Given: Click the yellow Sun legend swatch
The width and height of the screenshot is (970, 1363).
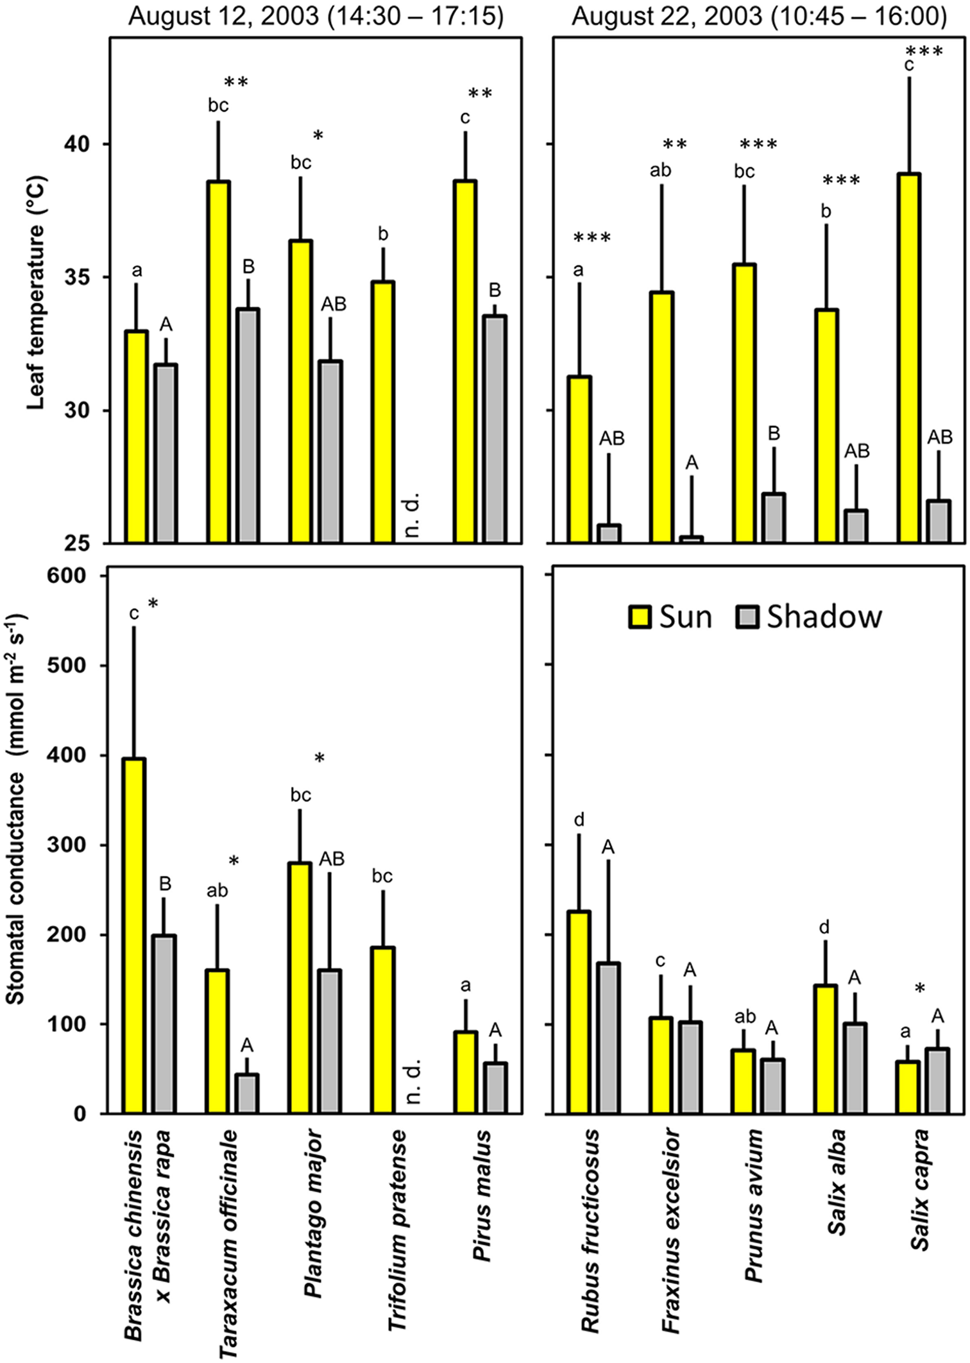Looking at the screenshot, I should click(640, 617).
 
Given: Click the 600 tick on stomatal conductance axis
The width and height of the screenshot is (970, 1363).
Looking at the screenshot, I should click(67, 576).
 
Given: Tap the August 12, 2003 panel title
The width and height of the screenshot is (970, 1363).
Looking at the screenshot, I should click(316, 16).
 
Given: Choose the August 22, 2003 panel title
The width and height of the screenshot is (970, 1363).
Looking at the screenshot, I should click(759, 16).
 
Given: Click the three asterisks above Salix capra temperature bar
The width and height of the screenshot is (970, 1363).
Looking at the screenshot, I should click(924, 52).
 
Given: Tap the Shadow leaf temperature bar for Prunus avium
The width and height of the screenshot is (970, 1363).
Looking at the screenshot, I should click(774, 518).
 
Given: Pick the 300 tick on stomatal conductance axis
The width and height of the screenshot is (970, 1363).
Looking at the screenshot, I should click(67, 845).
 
